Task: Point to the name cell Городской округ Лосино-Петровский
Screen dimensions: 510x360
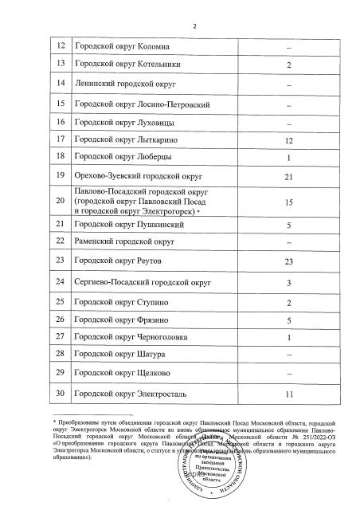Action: point(131,104)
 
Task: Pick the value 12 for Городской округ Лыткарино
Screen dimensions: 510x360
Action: point(289,140)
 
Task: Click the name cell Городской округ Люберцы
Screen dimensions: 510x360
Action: point(115,156)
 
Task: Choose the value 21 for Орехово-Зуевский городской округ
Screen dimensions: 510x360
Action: point(289,175)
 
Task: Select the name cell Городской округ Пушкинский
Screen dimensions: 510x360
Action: point(119,225)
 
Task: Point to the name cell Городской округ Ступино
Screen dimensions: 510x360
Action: point(113,303)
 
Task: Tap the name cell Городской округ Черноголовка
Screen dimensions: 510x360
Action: point(121,336)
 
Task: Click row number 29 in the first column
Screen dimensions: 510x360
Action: point(61,372)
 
